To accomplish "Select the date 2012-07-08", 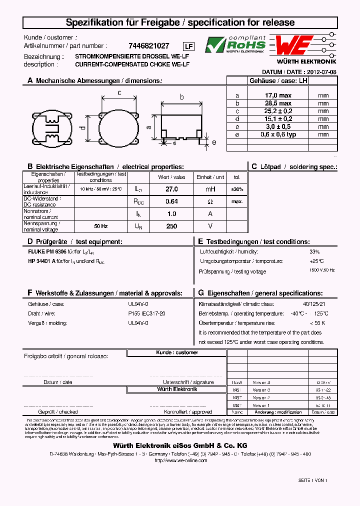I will [321, 72].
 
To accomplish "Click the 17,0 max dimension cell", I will [278, 95].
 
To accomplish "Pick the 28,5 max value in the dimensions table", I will [278, 103].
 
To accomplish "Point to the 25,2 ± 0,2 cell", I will [278, 111].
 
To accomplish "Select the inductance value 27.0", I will [171, 189].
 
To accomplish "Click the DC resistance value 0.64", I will [171, 201].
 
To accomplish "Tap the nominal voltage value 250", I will [171, 226].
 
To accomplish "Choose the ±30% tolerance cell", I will [237, 189].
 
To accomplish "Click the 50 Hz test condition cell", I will [101, 226].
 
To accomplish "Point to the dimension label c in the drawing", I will [119, 92].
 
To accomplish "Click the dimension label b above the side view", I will [182, 97].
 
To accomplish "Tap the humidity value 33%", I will [314, 251].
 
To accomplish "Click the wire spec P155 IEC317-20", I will [146, 313].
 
